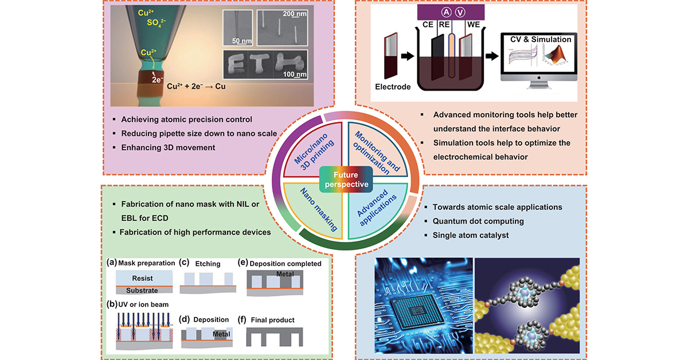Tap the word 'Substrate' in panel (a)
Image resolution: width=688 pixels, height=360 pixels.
coord(143,291)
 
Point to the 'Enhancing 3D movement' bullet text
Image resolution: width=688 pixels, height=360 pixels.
coord(168,148)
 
